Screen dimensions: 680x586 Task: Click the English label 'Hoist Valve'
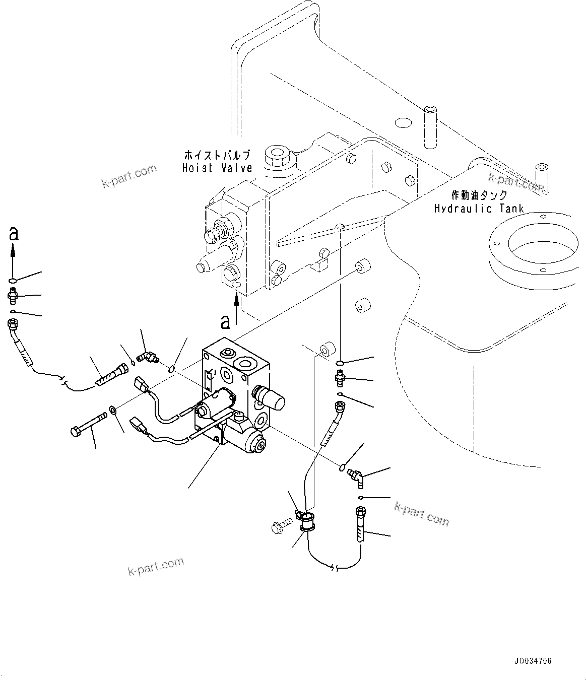pyautogui.click(x=217, y=168)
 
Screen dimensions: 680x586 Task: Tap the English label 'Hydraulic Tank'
pyautogui.click(x=479, y=208)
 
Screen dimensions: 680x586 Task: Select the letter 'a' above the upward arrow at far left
pyautogui.click(x=14, y=233)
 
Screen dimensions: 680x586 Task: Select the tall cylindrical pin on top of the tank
pyautogui.click(x=430, y=126)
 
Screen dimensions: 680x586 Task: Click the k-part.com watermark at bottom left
pyautogui.click(x=156, y=568)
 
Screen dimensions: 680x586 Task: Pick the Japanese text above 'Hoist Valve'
pyautogui.click(x=217, y=155)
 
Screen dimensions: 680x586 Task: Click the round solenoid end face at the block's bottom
pyautogui.click(x=259, y=444)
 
